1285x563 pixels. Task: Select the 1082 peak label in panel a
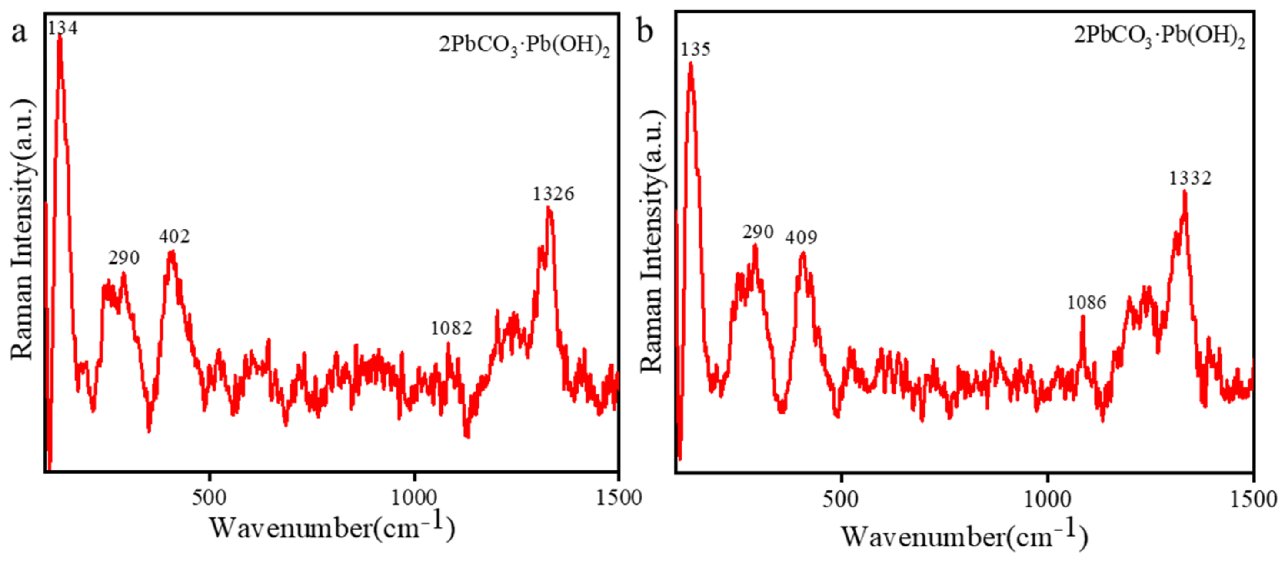[451, 328]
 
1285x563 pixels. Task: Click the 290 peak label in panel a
[124, 258]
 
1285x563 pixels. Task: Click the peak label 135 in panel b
[696, 50]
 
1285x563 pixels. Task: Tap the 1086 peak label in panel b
[1086, 303]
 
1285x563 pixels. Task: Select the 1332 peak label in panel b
[1190, 179]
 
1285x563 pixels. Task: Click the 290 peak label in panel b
[758, 232]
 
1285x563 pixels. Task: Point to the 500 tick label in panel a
[209, 498]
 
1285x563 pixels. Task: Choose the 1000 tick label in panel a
[413, 498]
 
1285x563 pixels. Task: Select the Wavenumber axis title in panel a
[332, 527]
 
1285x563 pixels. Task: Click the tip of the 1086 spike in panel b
[1082, 316]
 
